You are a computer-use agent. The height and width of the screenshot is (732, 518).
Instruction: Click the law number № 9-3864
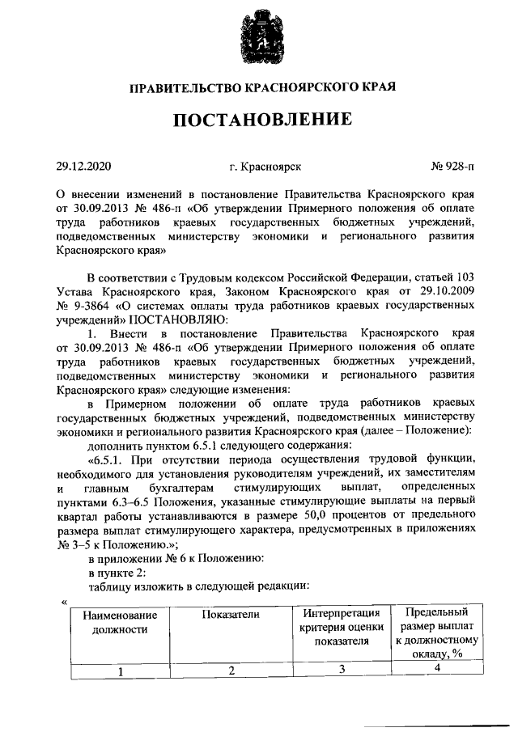point(84,306)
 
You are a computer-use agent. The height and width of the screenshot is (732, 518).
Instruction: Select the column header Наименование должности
point(119,621)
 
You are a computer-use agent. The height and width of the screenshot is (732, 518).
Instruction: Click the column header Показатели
point(231,615)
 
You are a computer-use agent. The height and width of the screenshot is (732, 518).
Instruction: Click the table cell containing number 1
point(119,670)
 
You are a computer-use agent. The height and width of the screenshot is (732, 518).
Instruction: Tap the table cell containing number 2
point(231,670)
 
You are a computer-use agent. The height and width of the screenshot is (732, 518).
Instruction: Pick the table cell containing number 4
point(436,667)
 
